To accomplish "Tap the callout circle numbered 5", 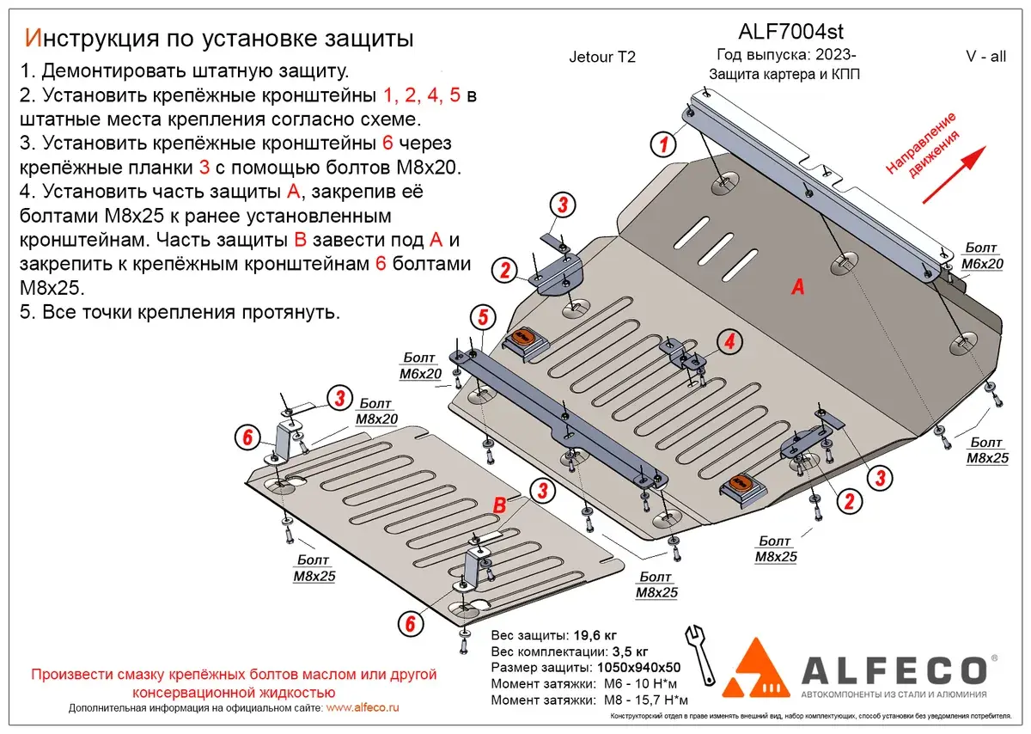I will coord(482,318).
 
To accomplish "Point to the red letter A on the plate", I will coord(797,289).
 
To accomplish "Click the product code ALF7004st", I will coord(780,32).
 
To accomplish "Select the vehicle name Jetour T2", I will coord(602,58).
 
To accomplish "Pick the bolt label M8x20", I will coord(375,419).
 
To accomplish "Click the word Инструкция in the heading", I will coord(87,38).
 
